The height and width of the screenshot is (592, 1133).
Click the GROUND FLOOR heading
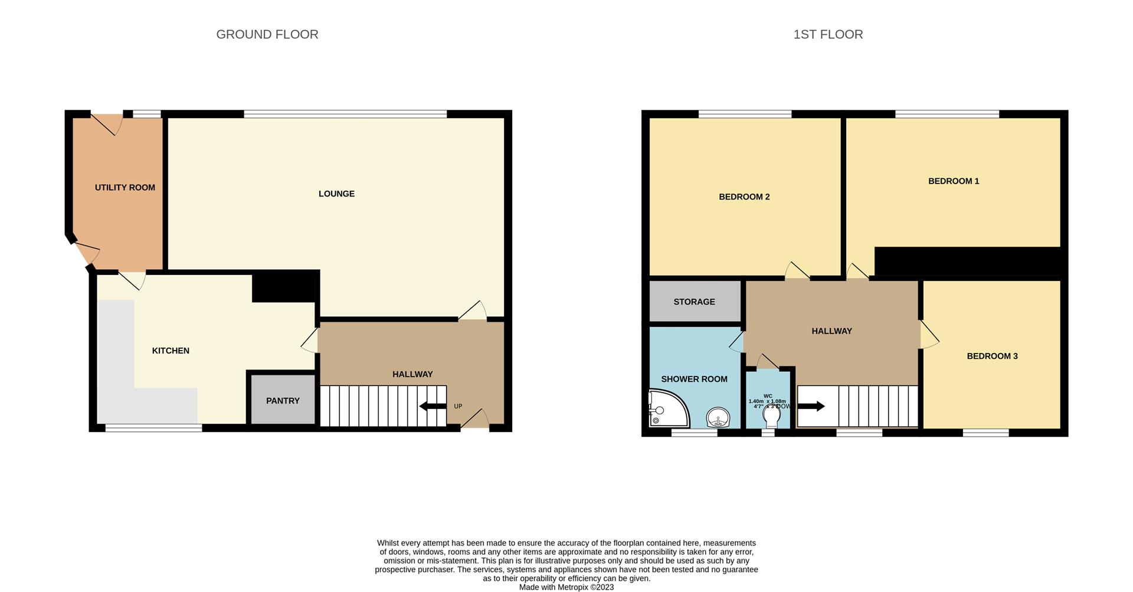click(x=267, y=34)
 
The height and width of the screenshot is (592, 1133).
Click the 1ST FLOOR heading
click(x=827, y=34)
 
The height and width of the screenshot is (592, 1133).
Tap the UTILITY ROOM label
click(x=125, y=188)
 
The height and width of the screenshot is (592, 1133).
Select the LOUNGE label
click(x=336, y=194)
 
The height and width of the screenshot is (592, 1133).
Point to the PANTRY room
click(x=283, y=400)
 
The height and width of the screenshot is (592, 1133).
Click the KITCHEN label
click(x=171, y=351)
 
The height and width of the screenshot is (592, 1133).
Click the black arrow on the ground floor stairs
click(x=432, y=406)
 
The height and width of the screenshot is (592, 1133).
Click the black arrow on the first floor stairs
click(x=811, y=406)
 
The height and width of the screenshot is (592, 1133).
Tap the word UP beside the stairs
click(x=458, y=406)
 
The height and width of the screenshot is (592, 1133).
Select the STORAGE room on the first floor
click(x=694, y=302)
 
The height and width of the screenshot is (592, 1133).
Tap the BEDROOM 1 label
click(x=953, y=181)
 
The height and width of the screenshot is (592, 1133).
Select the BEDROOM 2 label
click(x=744, y=197)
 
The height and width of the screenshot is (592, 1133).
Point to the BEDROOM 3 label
click(x=991, y=356)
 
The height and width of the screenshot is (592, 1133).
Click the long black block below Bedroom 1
click(x=968, y=261)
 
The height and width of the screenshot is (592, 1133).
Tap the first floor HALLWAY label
click(x=831, y=331)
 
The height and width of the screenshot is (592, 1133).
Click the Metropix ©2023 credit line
click(x=566, y=587)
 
